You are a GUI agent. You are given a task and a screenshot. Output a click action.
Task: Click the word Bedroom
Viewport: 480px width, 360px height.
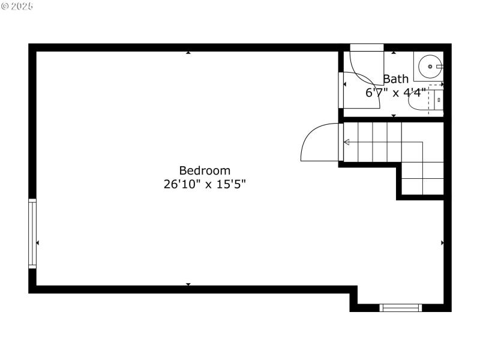(205, 170)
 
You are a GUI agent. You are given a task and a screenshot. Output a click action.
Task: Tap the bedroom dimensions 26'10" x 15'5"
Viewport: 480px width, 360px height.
(205, 184)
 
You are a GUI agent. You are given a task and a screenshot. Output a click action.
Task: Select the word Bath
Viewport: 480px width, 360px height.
(395, 79)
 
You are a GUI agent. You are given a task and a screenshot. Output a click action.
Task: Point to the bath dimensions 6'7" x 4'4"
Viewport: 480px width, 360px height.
(395, 92)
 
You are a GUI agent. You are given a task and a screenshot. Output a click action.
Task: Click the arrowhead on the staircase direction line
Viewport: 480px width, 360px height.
(347, 142)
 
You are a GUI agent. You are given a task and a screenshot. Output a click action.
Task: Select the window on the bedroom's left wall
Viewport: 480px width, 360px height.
(32, 233)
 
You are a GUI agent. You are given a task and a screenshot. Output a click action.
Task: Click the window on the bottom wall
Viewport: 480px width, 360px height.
(401, 308)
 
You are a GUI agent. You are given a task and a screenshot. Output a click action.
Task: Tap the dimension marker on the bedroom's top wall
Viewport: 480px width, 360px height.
(188, 53)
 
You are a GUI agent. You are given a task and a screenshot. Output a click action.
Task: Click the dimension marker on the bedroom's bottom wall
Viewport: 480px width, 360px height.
(188, 284)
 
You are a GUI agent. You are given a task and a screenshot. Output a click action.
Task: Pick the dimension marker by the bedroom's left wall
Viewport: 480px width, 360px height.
(38, 242)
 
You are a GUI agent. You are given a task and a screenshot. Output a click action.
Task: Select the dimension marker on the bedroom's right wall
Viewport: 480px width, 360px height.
(442, 242)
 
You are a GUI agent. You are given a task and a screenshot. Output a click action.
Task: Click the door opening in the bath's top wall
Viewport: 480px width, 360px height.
(367, 48)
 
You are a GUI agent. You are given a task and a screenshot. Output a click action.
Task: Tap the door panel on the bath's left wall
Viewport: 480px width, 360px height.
(341, 90)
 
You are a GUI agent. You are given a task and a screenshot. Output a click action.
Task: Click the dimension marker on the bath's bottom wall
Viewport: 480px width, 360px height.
(394, 115)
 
